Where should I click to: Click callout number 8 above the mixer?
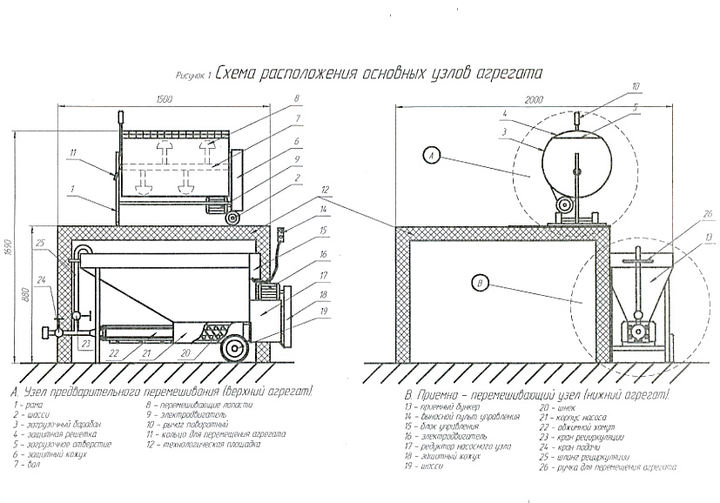pyautogui.click(x=297, y=97)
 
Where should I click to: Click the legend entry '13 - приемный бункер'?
pyautogui.click(x=440, y=406)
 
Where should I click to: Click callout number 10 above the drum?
pyautogui.click(x=636, y=85)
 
